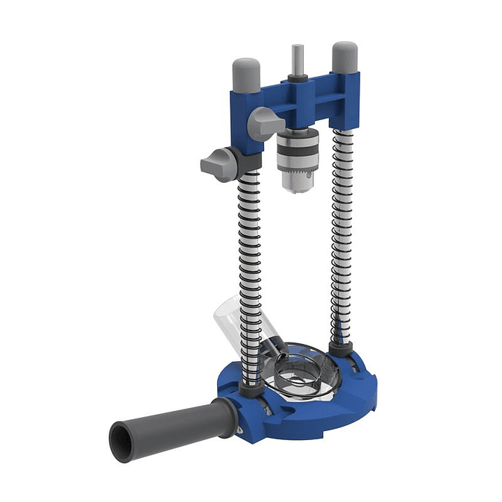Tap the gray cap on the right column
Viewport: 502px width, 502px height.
(x=344, y=57)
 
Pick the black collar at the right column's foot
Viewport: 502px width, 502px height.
(x=340, y=347)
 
